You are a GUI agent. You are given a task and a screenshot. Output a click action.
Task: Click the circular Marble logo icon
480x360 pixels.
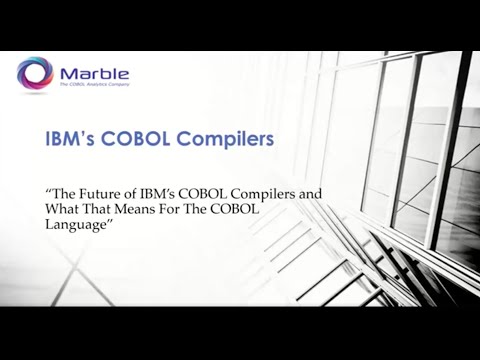click(x=35, y=74)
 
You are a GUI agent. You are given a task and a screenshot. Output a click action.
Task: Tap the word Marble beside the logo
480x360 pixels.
click(x=94, y=72)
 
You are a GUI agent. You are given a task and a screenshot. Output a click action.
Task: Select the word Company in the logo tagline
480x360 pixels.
click(x=118, y=87)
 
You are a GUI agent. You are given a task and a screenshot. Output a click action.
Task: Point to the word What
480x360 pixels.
click(x=64, y=209)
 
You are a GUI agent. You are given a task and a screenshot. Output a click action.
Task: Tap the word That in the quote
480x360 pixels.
click(x=105, y=209)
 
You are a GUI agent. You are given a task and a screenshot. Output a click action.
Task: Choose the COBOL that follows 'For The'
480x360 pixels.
click(x=256, y=209)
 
